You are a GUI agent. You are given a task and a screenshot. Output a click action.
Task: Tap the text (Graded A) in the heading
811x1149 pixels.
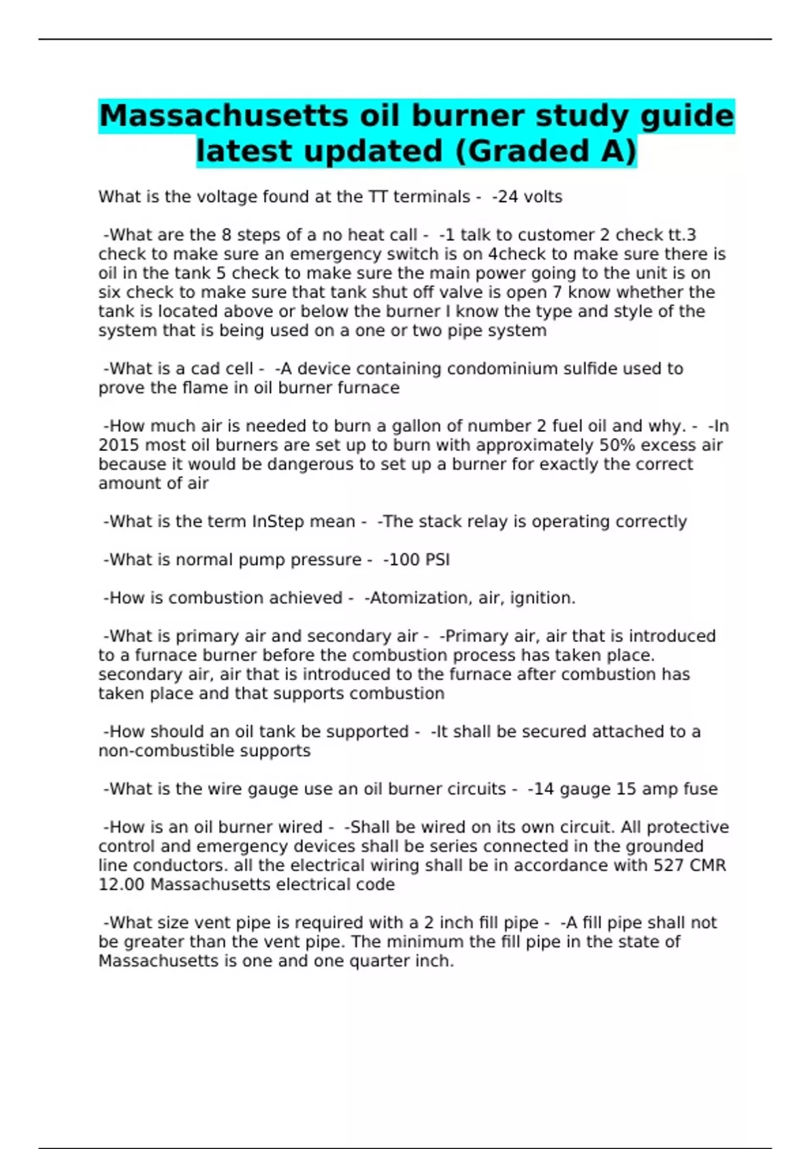[x=546, y=151]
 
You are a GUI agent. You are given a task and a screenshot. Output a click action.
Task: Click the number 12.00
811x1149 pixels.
[x=122, y=885]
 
